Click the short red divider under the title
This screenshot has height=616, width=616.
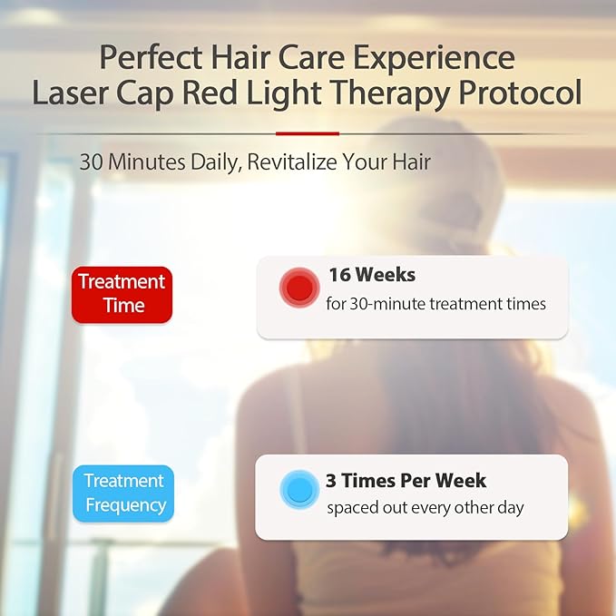[307, 133]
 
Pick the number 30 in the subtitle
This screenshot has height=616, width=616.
[91, 162]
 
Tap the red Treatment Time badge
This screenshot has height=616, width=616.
[122, 294]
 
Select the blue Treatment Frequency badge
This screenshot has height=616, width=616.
[123, 493]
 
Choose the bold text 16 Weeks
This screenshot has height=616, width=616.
[371, 275]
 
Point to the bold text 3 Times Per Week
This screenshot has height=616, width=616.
[406, 480]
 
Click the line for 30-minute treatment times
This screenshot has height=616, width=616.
[435, 304]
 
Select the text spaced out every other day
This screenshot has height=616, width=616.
[425, 507]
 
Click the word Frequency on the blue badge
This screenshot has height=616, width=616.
[125, 505]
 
